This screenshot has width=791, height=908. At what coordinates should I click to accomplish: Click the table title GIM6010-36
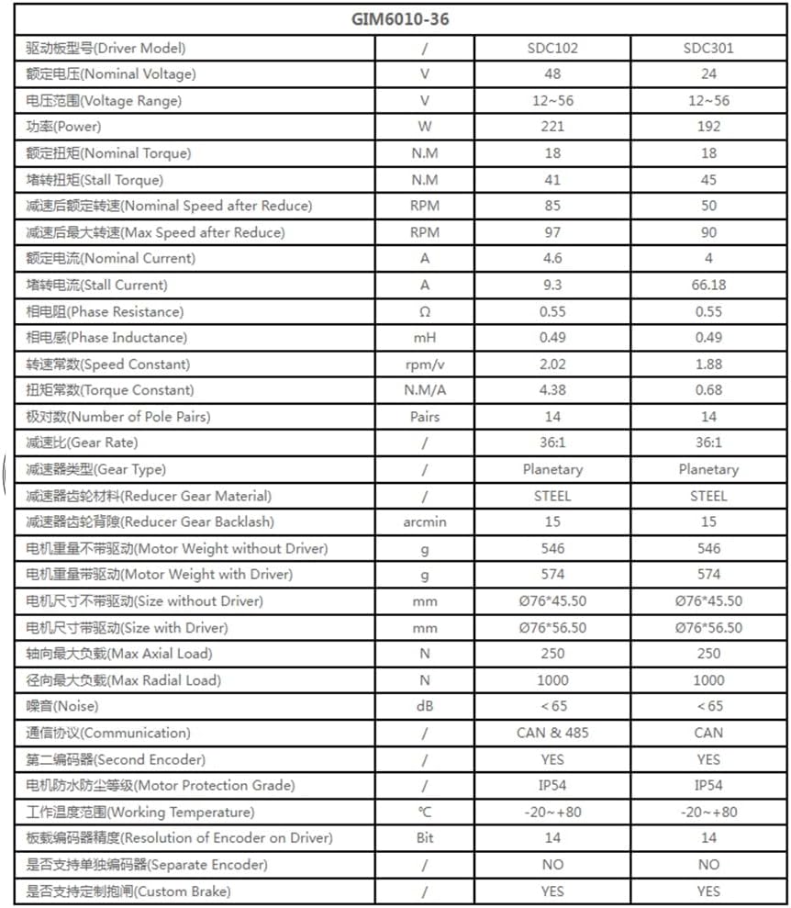(x=400, y=18)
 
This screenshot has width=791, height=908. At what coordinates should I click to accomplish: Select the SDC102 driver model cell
(x=552, y=48)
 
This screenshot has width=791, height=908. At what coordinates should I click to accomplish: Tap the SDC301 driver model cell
(x=707, y=48)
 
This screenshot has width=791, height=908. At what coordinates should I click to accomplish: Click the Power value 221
(x=552, y=127)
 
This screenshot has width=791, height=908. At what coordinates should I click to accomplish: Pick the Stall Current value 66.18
(x=707, y=285)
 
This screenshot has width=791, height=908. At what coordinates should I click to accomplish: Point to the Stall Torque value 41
(x=552, y=180)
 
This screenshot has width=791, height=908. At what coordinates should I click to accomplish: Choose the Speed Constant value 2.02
(x=552, y=364)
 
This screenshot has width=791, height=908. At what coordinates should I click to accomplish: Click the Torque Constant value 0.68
(x=707, y=390)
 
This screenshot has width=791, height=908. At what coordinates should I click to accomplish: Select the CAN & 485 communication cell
(x=552, y=734)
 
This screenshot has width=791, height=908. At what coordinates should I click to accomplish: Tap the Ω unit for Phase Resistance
(x=424, y=311)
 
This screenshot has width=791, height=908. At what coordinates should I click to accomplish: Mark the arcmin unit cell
(x=424, y=522)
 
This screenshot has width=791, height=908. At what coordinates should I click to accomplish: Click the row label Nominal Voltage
(x=111, y=74)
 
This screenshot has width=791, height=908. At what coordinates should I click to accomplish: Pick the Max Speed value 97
(x=552, y=232)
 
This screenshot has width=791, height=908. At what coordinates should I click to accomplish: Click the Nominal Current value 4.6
(x=552, y=259)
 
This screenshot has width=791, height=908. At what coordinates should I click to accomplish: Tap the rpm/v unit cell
(x=424, y=364)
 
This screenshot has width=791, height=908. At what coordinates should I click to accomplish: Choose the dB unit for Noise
(x=424, y=707)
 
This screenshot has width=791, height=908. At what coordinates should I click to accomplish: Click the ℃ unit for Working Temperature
(x=424, y=813)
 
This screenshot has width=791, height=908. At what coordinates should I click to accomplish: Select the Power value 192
(x=707, y=127)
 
